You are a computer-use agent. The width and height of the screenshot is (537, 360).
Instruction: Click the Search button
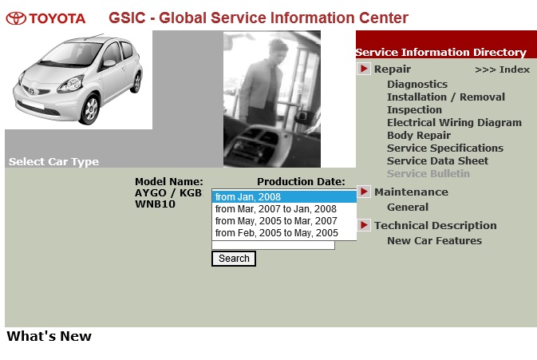[234, 259]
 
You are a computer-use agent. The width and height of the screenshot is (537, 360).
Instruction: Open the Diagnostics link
[417, 85]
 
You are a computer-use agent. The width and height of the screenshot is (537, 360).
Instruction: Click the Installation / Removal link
[446, 97]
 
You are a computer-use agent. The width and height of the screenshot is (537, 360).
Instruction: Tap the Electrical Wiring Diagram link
[454, 123]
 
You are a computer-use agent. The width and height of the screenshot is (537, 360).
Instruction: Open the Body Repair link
[418, 136]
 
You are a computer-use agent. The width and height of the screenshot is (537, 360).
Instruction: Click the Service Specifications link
[445, 148]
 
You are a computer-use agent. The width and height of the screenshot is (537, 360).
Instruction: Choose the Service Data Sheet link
[437, 160]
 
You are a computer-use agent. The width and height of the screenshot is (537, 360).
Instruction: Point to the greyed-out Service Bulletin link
[428, 174]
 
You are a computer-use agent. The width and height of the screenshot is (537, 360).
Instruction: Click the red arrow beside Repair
[364, 69]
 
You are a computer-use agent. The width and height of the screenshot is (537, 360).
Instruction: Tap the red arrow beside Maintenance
[364, 191]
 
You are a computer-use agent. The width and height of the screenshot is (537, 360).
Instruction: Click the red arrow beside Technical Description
[364, 225]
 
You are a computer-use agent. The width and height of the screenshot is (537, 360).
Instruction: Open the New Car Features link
[434, 241]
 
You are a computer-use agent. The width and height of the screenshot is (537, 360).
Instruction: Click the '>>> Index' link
[503, 69]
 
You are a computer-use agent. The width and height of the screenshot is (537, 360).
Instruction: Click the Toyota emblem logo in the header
[16, 18]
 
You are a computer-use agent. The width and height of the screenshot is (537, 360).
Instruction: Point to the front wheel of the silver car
[89, 109]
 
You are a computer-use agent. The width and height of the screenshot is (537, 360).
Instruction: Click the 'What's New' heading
[49, 336]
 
